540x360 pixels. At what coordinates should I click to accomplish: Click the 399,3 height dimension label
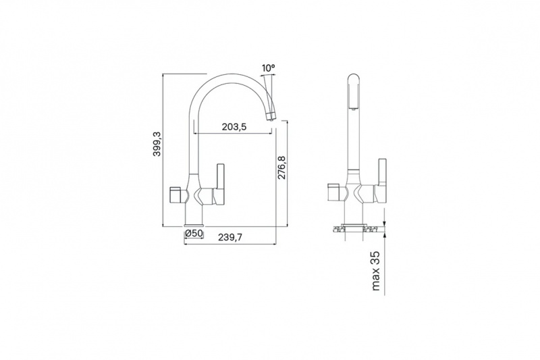coord(157,143)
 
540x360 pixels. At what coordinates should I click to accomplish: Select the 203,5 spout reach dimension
coord(234,127)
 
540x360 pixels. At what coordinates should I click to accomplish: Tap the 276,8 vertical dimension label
coord(281,168)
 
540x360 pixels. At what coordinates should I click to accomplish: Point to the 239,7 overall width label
coord(231,237)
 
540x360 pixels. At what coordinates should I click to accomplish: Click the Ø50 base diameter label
coord(194,233)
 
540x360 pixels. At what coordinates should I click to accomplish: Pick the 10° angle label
coord(268,68)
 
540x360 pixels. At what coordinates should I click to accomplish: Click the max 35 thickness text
coord(376,271)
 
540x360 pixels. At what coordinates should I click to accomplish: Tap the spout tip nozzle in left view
coord(271,115)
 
